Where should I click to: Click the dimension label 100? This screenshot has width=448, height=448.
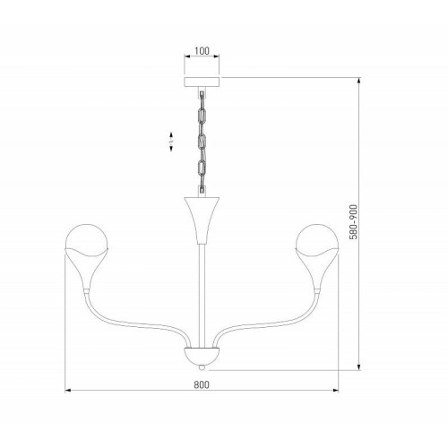(x=202, y=51)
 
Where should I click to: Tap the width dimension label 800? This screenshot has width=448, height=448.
(x=202, y=384)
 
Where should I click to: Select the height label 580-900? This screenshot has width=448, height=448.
(x=353, y=222)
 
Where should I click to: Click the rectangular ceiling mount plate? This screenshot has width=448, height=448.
(x=202, y=82)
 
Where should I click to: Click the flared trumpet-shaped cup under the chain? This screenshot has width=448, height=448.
(x=202, y=220)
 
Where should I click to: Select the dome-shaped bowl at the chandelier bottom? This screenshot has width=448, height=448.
(x=202, y=356)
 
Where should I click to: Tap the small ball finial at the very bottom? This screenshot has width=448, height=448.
(x=202, y=367)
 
